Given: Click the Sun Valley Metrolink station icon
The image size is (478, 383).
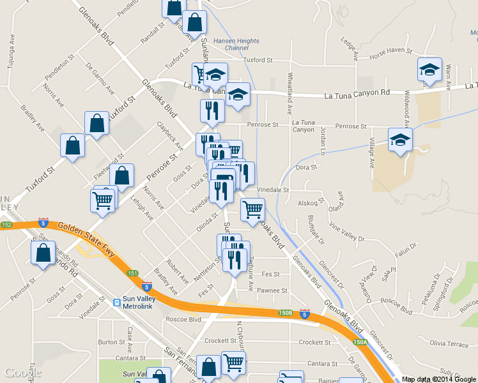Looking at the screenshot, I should (x=117, y=303).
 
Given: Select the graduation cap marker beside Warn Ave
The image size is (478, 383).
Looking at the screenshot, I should (x=429, y=69).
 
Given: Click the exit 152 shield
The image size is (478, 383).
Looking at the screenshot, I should (x=6, y=225).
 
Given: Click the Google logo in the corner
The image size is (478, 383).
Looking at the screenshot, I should (x=22, y=373).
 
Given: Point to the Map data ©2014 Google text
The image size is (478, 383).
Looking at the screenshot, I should (x=438, y=379).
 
